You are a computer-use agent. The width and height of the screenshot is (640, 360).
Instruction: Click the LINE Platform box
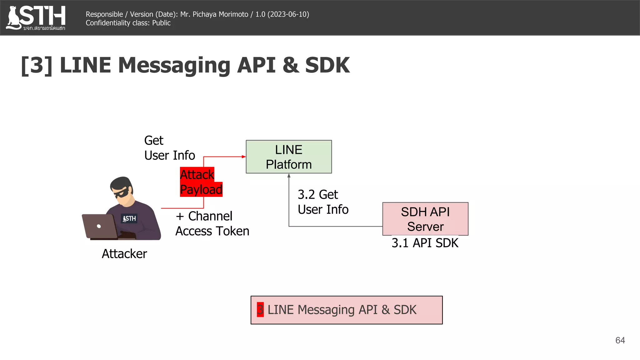pos(289,157)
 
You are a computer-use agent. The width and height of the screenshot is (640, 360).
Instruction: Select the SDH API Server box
pos(425,219)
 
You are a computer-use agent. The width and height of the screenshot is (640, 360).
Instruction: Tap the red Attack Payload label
pos(201,182)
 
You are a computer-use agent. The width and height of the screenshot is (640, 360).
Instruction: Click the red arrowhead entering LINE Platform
pos(244,157)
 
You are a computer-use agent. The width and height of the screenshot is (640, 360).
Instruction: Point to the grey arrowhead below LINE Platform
pos(289,176)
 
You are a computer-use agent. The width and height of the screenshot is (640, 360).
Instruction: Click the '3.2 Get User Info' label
pos(323,202)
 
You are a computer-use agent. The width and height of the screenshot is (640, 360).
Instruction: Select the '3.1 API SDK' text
pos(425,243)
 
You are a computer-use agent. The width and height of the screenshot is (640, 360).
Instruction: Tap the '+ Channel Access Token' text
pos(212,223)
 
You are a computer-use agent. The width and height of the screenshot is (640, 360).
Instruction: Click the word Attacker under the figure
pos(124,254)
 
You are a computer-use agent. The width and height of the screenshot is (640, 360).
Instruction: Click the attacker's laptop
pos(99,226)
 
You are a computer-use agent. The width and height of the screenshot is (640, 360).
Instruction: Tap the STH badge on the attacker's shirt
pos(129,218)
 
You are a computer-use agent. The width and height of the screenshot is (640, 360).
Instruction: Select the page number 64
pos(620,340)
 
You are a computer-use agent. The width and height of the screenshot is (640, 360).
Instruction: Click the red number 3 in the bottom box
pos(260,310)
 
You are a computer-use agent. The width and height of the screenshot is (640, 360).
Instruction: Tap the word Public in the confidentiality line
pos(161,23)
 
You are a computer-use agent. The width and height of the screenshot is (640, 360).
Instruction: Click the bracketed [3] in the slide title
pos(37,65)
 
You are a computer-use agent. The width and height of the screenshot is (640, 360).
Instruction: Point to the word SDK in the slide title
pos(327,65)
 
